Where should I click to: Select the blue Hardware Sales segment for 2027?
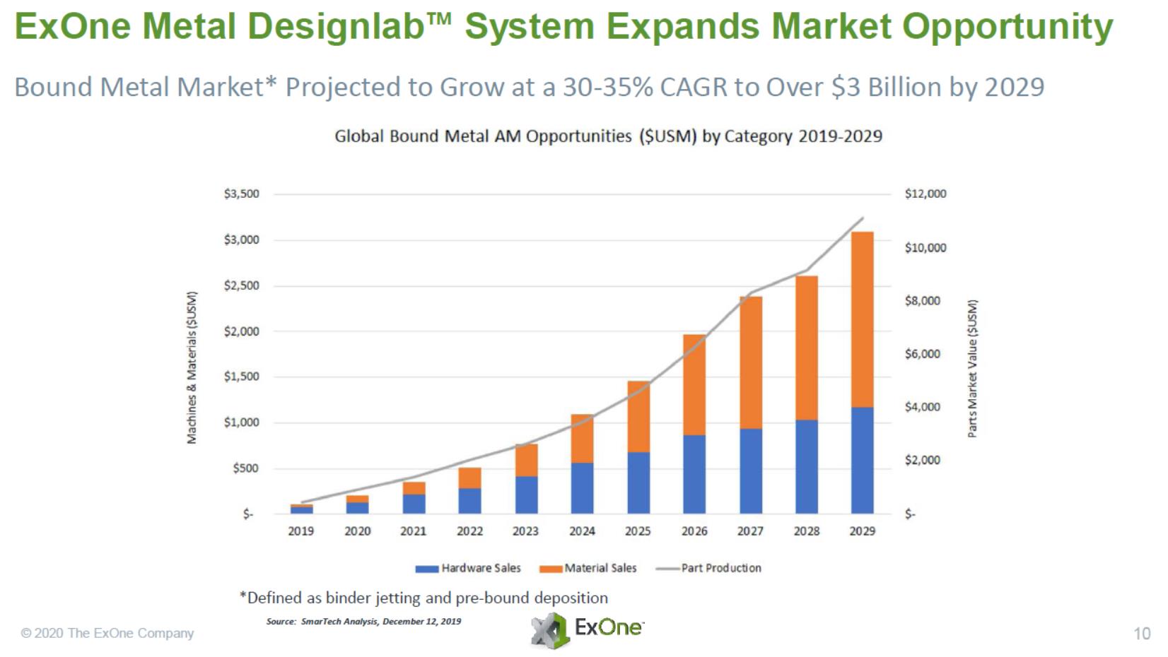pyautogui.click(x=751, y=470)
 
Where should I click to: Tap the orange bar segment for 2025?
pyautogui.click(x=638, y=417)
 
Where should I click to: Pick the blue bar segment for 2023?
pyautogui.click(x=526, y=495)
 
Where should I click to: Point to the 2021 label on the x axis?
pyautogui.click(x=414, y=531)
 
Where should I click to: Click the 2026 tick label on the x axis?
pyautogui.click(x=694, y=531)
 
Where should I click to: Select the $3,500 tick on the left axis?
pyautogui.click(x=242, y=194)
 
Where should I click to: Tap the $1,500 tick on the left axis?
pyautogui.click(x=242, y=377)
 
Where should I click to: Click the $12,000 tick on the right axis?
pyautogui.click(x=925, y=194)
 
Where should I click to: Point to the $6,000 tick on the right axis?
pyautogui.click(x=923, y=353)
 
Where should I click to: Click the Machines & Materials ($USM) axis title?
pyautogui.click(x=192, y=368)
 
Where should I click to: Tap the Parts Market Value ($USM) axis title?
pyautogui.click(x=973, y=368)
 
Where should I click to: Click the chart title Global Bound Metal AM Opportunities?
pyautogui.click(x=608, y=136)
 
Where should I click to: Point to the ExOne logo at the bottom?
pyautogui.click(x=588, y=629)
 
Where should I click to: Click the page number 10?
pyautogui.click(x=1142, y=634)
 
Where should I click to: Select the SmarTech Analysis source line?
pyautogui.click(x=363, y=622)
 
